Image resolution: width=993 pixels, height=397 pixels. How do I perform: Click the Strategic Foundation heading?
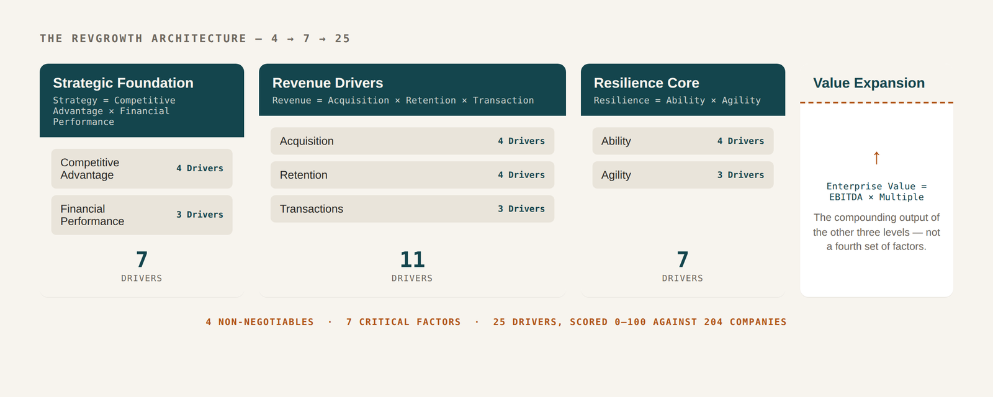(x=124, y=83)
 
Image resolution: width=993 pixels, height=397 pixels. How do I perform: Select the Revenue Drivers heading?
(x=328, y=83)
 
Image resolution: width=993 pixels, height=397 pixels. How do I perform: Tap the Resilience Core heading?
(x=646, y=83)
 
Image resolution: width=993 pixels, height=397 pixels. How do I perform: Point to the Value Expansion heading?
(x=869, y=83)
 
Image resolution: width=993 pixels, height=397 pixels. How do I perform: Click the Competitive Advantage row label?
(x=90, y=169)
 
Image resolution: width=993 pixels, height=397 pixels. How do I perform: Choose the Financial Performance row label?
(x=92, y=215)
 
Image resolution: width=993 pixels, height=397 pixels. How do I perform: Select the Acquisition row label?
(x=307, y=141)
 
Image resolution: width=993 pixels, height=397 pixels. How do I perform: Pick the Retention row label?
(x=303, y=175)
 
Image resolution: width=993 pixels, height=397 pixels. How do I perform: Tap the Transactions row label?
(x=312, y=208)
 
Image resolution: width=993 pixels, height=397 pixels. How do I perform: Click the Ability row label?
(x=616, y=141)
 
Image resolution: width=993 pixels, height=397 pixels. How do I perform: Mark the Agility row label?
(x=616, y=175)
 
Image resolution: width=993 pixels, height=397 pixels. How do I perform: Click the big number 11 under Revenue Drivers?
(x=412, y=260)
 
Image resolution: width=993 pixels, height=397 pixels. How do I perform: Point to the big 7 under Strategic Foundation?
(x=142, y=260)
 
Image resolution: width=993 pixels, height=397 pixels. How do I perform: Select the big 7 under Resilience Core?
(x=683, y=260)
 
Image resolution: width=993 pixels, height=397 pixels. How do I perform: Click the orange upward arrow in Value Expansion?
(x=876, y=158)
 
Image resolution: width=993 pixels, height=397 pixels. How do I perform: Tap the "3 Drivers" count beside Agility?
(x=741, y=175)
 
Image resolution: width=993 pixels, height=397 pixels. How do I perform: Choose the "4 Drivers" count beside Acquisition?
(x=521, y=141)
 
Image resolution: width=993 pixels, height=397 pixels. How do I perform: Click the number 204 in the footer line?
(x=713, y=322)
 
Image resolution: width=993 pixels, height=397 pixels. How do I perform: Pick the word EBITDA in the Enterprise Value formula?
(x=846, y=197)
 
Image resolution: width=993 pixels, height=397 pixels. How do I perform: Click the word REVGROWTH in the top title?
(x=107, y=38)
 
